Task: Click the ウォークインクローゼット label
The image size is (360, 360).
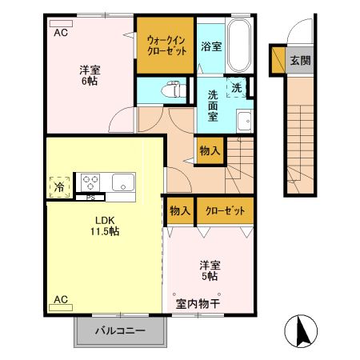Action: (x=166, y=44)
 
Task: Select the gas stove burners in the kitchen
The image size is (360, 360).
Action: (x=89, y=180)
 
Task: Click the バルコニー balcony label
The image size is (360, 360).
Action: (x=120, y=330)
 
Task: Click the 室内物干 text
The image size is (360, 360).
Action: (x=198, y=303)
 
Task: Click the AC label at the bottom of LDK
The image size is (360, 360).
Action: (x=61, y=300)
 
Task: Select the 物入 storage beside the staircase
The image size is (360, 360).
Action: (x=209, y=150)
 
